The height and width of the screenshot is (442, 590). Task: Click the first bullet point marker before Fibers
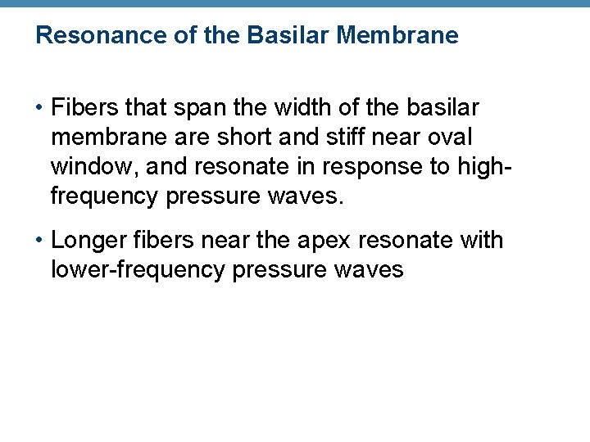coord(40,108)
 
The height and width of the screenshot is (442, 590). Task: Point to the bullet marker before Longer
coord(40,241)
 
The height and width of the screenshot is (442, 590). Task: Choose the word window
coord(89,167)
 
